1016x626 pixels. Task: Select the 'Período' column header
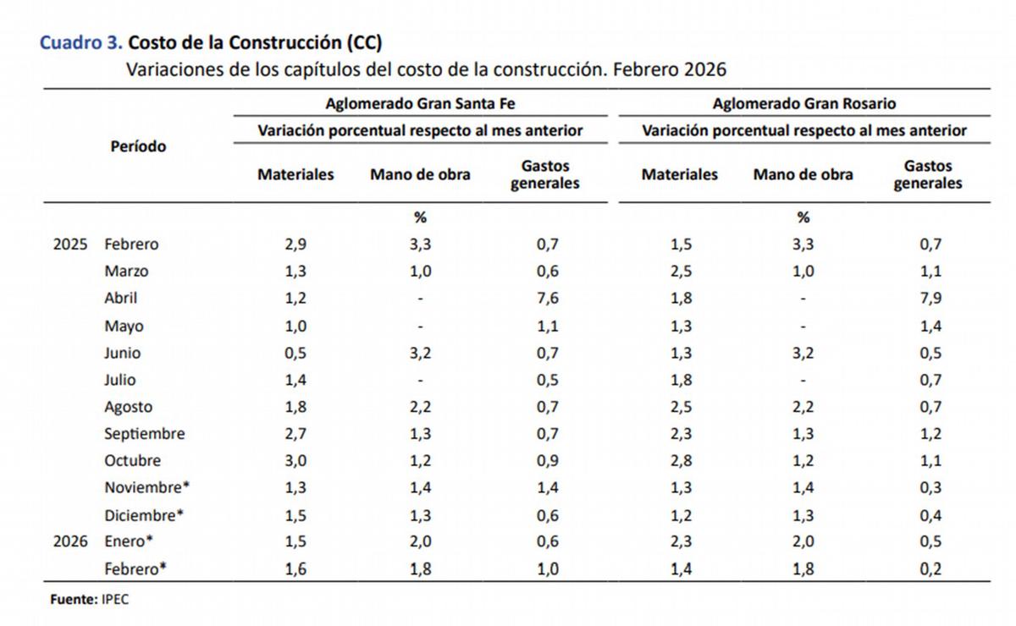click(x=138, y=146)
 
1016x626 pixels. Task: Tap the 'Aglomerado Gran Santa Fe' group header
click(x=420, y=103)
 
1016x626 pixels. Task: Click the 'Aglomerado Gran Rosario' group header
click(x=803, y=103)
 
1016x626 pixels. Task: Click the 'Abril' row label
click(x=120, y=298)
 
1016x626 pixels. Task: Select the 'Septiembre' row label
click(x=144, y=433)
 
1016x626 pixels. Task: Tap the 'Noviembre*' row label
click(x=144, y=487)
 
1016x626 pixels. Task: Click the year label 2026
click(x=70, y=541)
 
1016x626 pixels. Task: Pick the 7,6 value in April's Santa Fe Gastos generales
click(x=547, y=298)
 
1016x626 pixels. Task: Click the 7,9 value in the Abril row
click(x=930, y=298)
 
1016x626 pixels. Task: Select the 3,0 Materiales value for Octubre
click(x=295, y=460)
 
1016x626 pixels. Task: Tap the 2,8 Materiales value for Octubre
click(x=680, y=460)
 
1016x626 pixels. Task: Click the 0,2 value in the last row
click(x=930, y=568)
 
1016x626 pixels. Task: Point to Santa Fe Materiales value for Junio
click(x=295, y=352)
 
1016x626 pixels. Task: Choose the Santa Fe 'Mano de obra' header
click(x=420, y=174)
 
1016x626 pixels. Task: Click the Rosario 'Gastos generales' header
click(x=928, y=174)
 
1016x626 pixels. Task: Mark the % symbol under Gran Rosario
click(x=803, y=217)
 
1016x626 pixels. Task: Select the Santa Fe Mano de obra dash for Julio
click(x=420, y=380)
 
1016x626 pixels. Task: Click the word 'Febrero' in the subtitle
click(x=646, y=69)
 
